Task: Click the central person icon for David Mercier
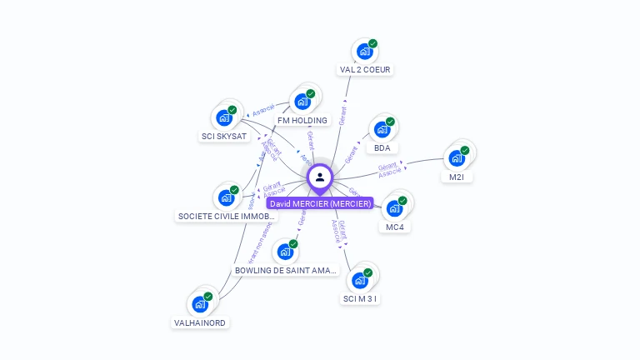(320, 177)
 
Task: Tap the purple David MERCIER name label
(320, 203)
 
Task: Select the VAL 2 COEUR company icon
(364, 51)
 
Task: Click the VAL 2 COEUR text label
(366, 70)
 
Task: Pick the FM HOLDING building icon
(302, 102)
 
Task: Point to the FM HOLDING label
(302, 120)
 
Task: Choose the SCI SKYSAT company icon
(223, 117)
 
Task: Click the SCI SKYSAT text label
(224, 136)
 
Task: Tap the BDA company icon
(382, 129)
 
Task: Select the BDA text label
(382, 148)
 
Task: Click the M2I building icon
(457, 158)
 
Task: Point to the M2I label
(457, 177)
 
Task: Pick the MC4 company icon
(394, 208)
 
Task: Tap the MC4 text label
(394, 227)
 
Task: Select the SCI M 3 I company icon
(360, 280)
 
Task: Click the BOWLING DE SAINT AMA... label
(285, 271)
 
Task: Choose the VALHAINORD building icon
(200, 304)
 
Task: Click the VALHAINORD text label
(200, 322)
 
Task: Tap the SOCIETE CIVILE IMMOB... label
(226, 216)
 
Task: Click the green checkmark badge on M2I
(465, 151)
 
